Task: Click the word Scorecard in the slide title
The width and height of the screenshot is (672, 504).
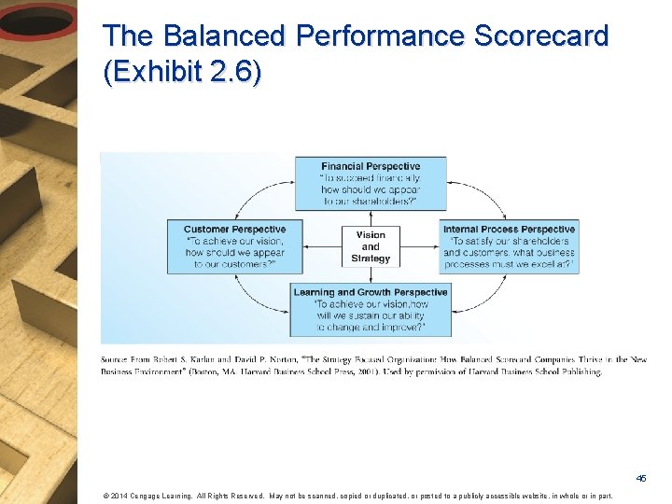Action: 541,36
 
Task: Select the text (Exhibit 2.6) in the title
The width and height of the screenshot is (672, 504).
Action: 182,73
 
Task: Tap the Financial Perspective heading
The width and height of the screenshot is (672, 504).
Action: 371,166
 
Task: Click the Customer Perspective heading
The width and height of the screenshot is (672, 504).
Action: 234,230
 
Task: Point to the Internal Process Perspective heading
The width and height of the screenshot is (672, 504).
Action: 509,230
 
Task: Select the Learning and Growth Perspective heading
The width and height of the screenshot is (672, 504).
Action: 371,292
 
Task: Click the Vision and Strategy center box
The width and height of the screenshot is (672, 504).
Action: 371,246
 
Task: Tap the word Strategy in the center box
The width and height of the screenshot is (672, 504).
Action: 371,259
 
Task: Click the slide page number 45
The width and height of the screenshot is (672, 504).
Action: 641,478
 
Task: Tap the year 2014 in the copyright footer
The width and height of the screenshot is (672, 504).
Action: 118,496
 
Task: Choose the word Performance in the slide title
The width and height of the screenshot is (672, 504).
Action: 383,36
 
